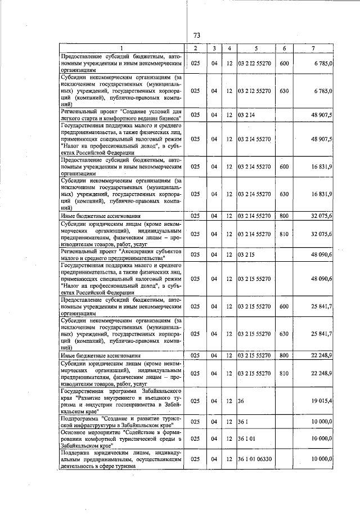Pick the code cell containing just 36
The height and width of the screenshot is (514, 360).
(241, 401)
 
